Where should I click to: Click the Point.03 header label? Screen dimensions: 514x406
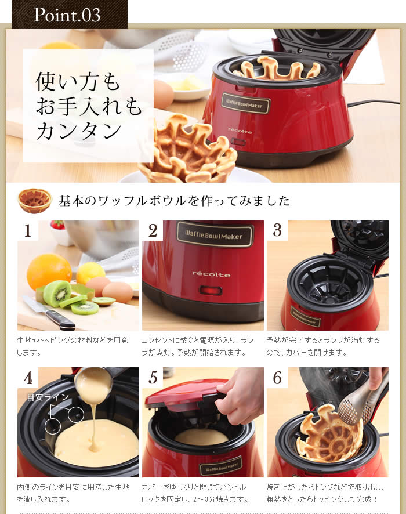tap(67, 15)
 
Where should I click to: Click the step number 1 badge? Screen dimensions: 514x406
tap(27, 231)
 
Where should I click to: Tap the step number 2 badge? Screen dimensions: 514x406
tap(153, 231)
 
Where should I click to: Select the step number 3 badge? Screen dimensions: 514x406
tap(277, 231)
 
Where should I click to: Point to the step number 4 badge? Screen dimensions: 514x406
tap(27, 378)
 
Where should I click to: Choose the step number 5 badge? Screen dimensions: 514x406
tap(153, 378)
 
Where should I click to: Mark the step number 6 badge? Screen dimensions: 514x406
tap(277, 378)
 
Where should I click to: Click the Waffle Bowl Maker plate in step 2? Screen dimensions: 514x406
tap(214, 234)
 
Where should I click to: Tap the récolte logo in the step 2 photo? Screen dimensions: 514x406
tap(211, 274)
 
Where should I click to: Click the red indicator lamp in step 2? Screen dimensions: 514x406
tap(211, 290)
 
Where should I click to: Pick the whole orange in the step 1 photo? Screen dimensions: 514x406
tap(49, 271)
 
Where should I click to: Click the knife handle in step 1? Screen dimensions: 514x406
tap(60, 320)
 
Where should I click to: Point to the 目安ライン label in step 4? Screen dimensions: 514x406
tap(48, 397)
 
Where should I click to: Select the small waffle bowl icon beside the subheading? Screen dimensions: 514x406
tap(34, 201)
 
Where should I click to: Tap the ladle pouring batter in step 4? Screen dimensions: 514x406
tap(93, 382)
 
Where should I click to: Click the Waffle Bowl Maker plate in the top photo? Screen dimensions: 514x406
tap(246, 104)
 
